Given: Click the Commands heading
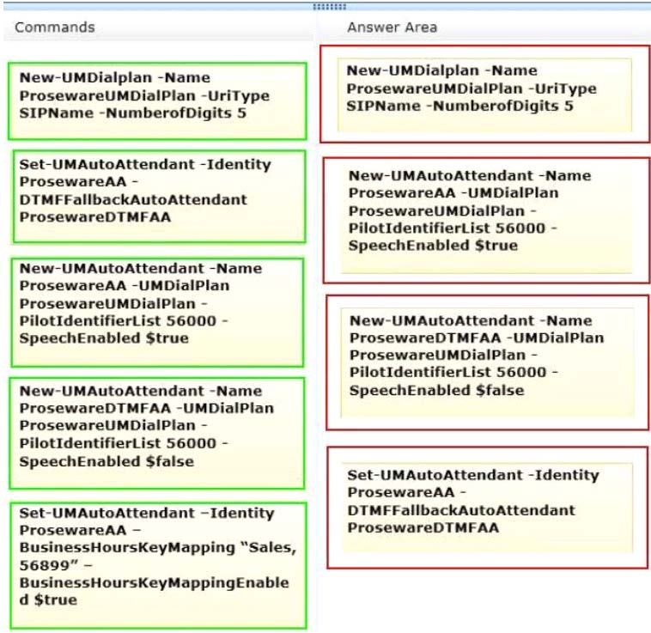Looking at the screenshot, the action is pyautogui.click(x=55, y=27).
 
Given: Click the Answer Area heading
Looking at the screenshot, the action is pyautogui.click(x=392, y=27).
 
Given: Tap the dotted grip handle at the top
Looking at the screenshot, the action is pyautogui.click(x=330, y=7).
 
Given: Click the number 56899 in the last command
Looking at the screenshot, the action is pyautogui.click(x=49, y=565).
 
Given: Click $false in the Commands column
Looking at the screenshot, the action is pyautogui.click(x=170, y=461).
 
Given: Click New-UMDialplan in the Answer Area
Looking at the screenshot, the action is pyautogui.click(x=413, y=71).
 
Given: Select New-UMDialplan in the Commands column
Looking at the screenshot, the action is pyautogui.click(x=86, y=78).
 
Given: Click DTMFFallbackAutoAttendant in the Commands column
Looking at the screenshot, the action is pyautogui.click(x=133, y=199).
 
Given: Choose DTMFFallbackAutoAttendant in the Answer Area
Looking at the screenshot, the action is pyautogui.click(x=462, y=510).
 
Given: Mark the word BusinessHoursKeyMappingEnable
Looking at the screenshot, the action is pyautogui.click(x=154, y=583).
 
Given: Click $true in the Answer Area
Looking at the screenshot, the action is pyautogui.click(x=496, y=246).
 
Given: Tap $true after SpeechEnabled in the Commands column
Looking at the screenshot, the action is pyautogui.click(x=167, y=338).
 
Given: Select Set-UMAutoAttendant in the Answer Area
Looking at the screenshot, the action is pyautogui.click(x=435, y=475).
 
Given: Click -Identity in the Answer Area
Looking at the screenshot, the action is pyautogui.click(x=563, y=475).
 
